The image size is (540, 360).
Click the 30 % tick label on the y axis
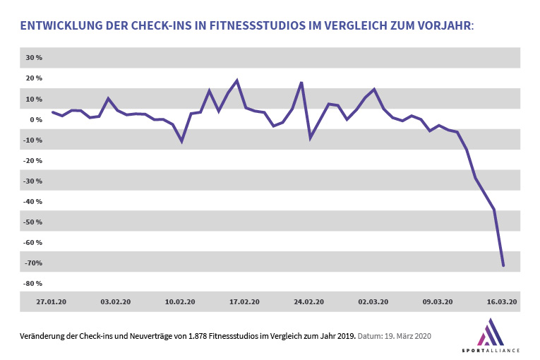[34, 58]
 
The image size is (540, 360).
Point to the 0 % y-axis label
[36, 120]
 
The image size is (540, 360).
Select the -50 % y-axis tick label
[33, 222]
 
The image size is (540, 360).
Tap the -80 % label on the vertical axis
[33, 284]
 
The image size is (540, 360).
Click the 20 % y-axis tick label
[34, 78]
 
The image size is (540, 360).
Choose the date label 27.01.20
[52, 302]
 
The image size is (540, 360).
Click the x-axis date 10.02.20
[180, 302]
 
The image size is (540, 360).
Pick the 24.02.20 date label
[309, 302]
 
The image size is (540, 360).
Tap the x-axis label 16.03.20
[503, 302]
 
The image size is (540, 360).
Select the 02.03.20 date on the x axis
[373, 302]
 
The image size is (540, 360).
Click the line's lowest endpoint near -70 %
[503, 265]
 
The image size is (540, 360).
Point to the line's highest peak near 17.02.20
[236, 80]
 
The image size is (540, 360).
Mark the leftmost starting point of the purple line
[52, 112]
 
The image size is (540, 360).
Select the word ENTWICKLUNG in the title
[59, 27]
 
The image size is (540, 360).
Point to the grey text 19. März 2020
[407, 335]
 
